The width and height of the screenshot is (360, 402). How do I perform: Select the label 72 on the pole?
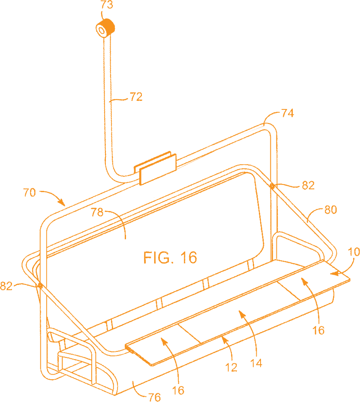pyautogui.click(x=136, y=97)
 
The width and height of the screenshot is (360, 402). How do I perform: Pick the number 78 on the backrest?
pyautogui.click(x=98, y=212)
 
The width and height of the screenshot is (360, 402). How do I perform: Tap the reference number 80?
pyautogui.click(x=331, y=210)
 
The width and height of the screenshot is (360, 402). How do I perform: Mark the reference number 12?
pyautogui.click(x=231, y=368)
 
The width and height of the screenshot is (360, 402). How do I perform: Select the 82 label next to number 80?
pyautogui.click(x=308, y=185)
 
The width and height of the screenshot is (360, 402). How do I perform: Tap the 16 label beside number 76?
pyautogui.click(x=178, y=390)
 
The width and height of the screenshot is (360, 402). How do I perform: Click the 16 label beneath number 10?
pyautogui.click(x=318, y=330)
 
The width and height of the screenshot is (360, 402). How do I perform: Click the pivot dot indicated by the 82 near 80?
pyautogui.click(x=272, y=186)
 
